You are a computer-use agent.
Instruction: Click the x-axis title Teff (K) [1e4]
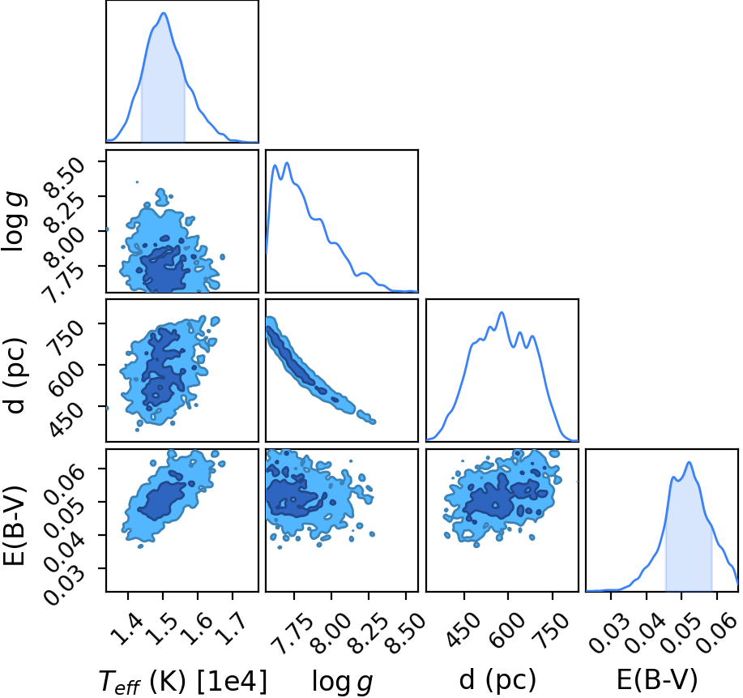tap(183, 682)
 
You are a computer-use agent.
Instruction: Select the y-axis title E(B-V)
tap(15, 525)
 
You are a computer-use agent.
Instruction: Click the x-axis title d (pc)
tap(497, 680)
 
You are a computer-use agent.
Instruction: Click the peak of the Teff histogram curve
tap(164, 13)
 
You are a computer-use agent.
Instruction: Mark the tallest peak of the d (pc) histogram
tap(502, 312)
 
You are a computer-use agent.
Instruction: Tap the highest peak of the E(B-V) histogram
tap(690, 462)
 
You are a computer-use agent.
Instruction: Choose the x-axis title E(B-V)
tap(657, 680)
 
